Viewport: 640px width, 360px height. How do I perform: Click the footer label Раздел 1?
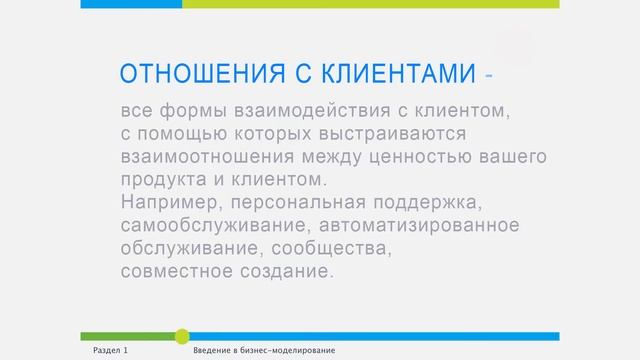(x=109, y=352)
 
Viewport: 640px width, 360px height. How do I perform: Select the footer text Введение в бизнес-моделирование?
(x=264, y=352)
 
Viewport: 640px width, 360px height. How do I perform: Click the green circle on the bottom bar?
(x=182, y=336)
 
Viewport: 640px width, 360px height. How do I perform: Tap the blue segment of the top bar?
(x=131, y=4)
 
